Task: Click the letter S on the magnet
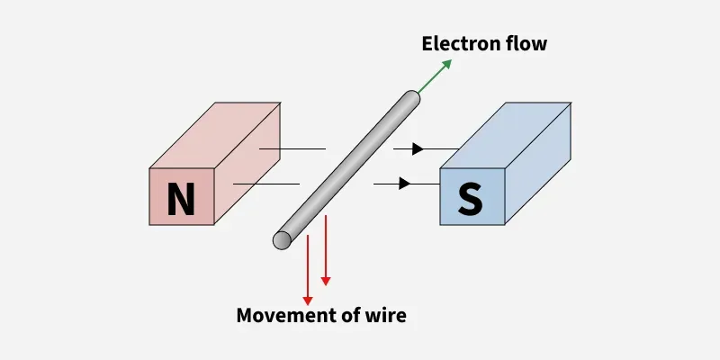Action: (470, 200)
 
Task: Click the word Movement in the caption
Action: (279, 315)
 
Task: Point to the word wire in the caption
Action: (387, 315)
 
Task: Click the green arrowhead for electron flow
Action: (446, 65)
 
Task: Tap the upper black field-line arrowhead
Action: (416, 148)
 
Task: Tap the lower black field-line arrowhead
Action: (405, 184)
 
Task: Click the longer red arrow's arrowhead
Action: (308, 299)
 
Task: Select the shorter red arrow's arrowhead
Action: (326, 281)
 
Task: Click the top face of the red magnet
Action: (216, 135)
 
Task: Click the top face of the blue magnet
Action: (506, 135)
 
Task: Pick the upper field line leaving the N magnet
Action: (292, 148)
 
